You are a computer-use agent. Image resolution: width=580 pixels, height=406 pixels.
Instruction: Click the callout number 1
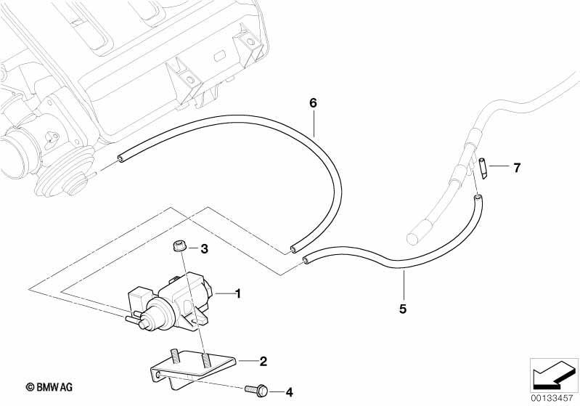pos(238,294)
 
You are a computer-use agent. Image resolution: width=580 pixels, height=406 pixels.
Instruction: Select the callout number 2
pos(263,361)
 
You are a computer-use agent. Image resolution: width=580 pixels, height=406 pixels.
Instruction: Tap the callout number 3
pos(204,249)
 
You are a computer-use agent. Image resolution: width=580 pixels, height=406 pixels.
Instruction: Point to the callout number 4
pos(289,392)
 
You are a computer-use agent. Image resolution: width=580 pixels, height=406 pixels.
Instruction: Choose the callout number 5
pos(403,309)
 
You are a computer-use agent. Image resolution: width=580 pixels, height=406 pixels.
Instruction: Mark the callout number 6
pos(314,103)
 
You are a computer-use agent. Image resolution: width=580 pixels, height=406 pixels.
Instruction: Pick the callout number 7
pos(517,168)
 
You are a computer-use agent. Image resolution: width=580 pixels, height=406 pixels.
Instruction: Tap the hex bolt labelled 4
pos(257,390)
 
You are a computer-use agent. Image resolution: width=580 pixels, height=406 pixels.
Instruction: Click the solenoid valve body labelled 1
pos(169,300)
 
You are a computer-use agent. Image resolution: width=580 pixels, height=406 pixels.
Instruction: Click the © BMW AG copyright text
pos(49,387)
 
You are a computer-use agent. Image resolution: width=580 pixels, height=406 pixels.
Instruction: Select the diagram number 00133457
pos(552,399)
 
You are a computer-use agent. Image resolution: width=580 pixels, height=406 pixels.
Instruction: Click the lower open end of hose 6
pos(293,248)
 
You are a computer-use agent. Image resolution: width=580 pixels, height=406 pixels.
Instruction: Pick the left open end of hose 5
pos(306,261)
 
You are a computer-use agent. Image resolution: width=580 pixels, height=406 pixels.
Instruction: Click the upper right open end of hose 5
pos(478,198)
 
